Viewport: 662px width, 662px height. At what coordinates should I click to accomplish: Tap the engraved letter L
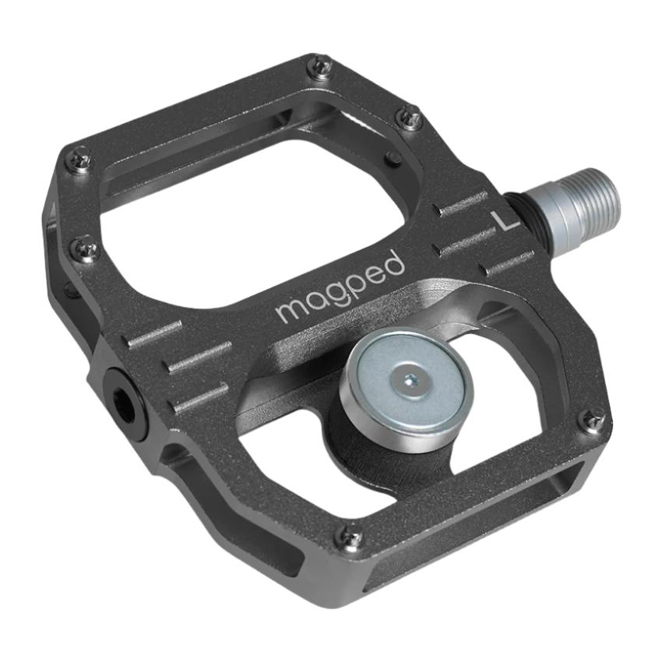pyautogui.click(x=508, y=221)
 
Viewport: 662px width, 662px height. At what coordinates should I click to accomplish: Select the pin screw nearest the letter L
pyautogui.click(x=410, y=118)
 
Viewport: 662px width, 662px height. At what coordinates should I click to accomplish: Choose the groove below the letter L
pyautogui.click(x=506, y=263)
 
